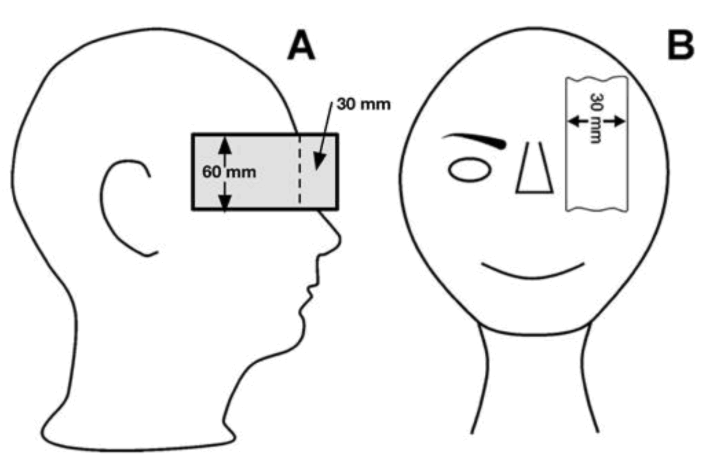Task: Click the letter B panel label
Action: [680, 46]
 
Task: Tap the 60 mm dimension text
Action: [229, 172]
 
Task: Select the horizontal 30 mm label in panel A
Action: [363, 104]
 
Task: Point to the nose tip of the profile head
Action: [338, 239]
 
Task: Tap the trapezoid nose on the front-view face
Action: [535, 172]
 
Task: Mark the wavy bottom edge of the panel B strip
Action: [596, 209]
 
